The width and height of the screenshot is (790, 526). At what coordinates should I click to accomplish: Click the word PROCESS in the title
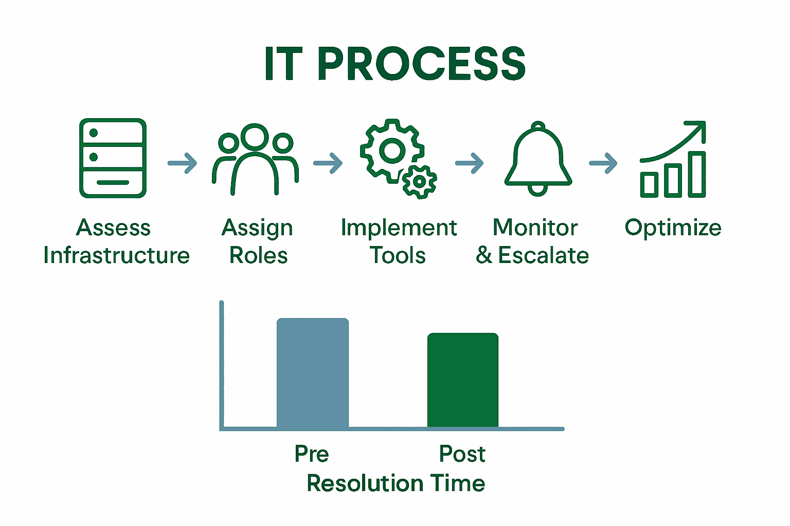[x=422, y=64]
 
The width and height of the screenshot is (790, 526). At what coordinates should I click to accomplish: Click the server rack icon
[x=113, y=158]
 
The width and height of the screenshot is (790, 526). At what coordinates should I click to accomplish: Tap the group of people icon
[x=255, y=159]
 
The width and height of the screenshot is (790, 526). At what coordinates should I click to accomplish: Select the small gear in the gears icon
[x=419, y=181]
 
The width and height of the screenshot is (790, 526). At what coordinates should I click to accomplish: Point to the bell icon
[x=538, y=159]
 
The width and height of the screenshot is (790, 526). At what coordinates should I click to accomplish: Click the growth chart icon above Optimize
[x=673, y=160]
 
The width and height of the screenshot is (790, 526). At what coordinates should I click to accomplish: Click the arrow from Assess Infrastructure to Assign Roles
[x=183, y=163]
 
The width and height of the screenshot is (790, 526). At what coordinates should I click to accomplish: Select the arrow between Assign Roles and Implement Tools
[x=328, y=163]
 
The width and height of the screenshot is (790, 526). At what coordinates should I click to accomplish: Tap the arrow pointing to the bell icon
[x=469, y=163]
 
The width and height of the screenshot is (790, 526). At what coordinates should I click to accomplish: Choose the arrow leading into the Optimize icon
[x=603, y=163]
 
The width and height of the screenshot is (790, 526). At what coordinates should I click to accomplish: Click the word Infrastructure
[x=117, y=255]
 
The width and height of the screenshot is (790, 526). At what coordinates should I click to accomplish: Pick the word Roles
[x=258, y=255]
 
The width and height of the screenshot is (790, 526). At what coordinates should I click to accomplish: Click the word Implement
[x=399, y=228]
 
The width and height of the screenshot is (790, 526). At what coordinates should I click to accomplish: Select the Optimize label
[x=673, y=228]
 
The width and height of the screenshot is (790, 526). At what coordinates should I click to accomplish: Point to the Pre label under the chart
[x=312, y=454]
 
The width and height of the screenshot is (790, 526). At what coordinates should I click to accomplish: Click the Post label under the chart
[x=462, y=454]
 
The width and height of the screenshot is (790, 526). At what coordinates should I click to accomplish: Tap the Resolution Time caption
[x=396, y=483]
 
